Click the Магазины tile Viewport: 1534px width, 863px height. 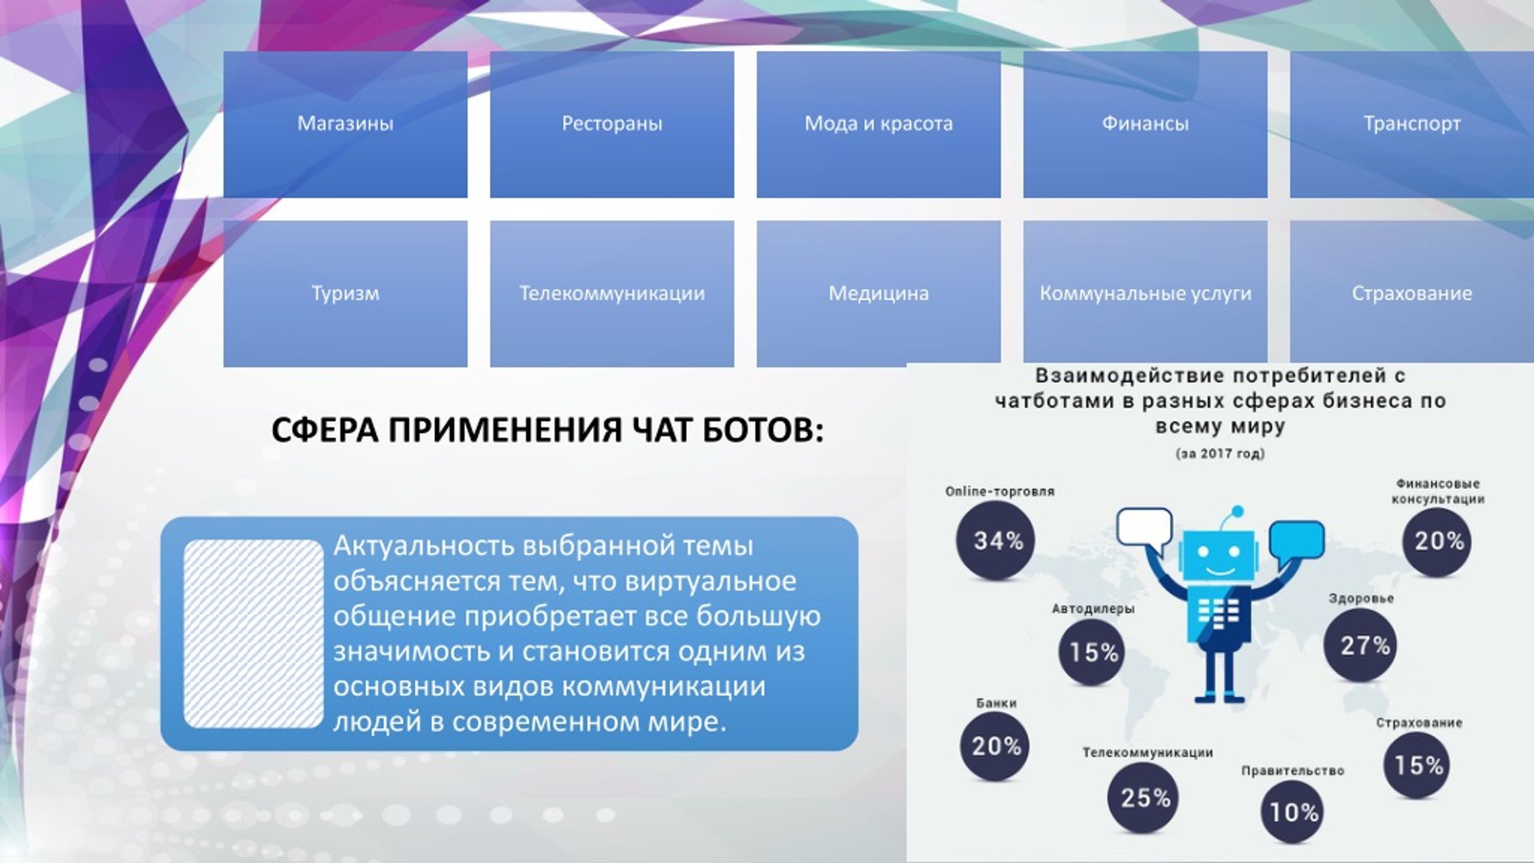tap(345, 124)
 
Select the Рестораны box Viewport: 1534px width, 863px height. tap(612, 124)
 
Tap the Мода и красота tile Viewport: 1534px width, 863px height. tap(878, 124)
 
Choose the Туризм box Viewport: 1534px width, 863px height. tap(345, 294)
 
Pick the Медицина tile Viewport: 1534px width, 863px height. tap(878, 294)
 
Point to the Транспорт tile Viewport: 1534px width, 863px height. tap(1412, 124)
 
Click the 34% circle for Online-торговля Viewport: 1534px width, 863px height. tap(995, 541)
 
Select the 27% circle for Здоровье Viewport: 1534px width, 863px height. tap(1363, 645)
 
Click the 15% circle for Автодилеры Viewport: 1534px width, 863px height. tap(1091, 652)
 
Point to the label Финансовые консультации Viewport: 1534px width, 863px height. tap(1438, 491)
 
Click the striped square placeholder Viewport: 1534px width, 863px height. tap(253, 634)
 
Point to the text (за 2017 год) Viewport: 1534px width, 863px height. tap(1221, 453)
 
